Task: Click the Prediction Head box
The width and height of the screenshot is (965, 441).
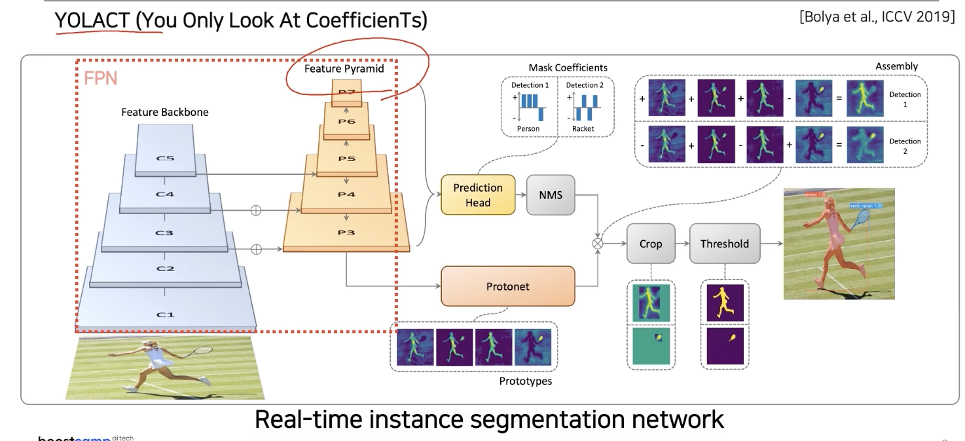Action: tap(478, 195)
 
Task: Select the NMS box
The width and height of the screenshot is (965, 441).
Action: tap(551, 195)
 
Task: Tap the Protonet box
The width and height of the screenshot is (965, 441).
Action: tap(507, 286)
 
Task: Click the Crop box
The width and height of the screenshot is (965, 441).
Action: tap(650, 244)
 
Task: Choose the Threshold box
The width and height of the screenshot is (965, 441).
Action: tap(724, 244)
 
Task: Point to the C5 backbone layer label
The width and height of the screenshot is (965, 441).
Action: tap(165, 158)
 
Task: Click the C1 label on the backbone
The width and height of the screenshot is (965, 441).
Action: tap(165, 315)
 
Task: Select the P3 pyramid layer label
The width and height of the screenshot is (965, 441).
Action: tap(346, 233)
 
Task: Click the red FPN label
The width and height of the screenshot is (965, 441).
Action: tap(100, 79)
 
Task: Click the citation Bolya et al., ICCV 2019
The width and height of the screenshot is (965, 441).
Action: tap(877, 17)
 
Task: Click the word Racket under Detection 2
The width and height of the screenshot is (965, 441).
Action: tap(583, 129)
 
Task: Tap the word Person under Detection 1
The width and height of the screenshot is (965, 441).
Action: tap(528, 129)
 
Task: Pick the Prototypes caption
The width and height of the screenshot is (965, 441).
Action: tap(525, 381)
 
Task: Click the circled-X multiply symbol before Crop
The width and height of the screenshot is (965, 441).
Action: tap(597, 243)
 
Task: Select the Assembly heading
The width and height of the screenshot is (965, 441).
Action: tap(896, 66)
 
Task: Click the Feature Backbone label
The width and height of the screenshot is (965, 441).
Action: tap(165, 112)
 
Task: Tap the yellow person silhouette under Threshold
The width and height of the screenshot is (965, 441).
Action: tap(724, 303)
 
